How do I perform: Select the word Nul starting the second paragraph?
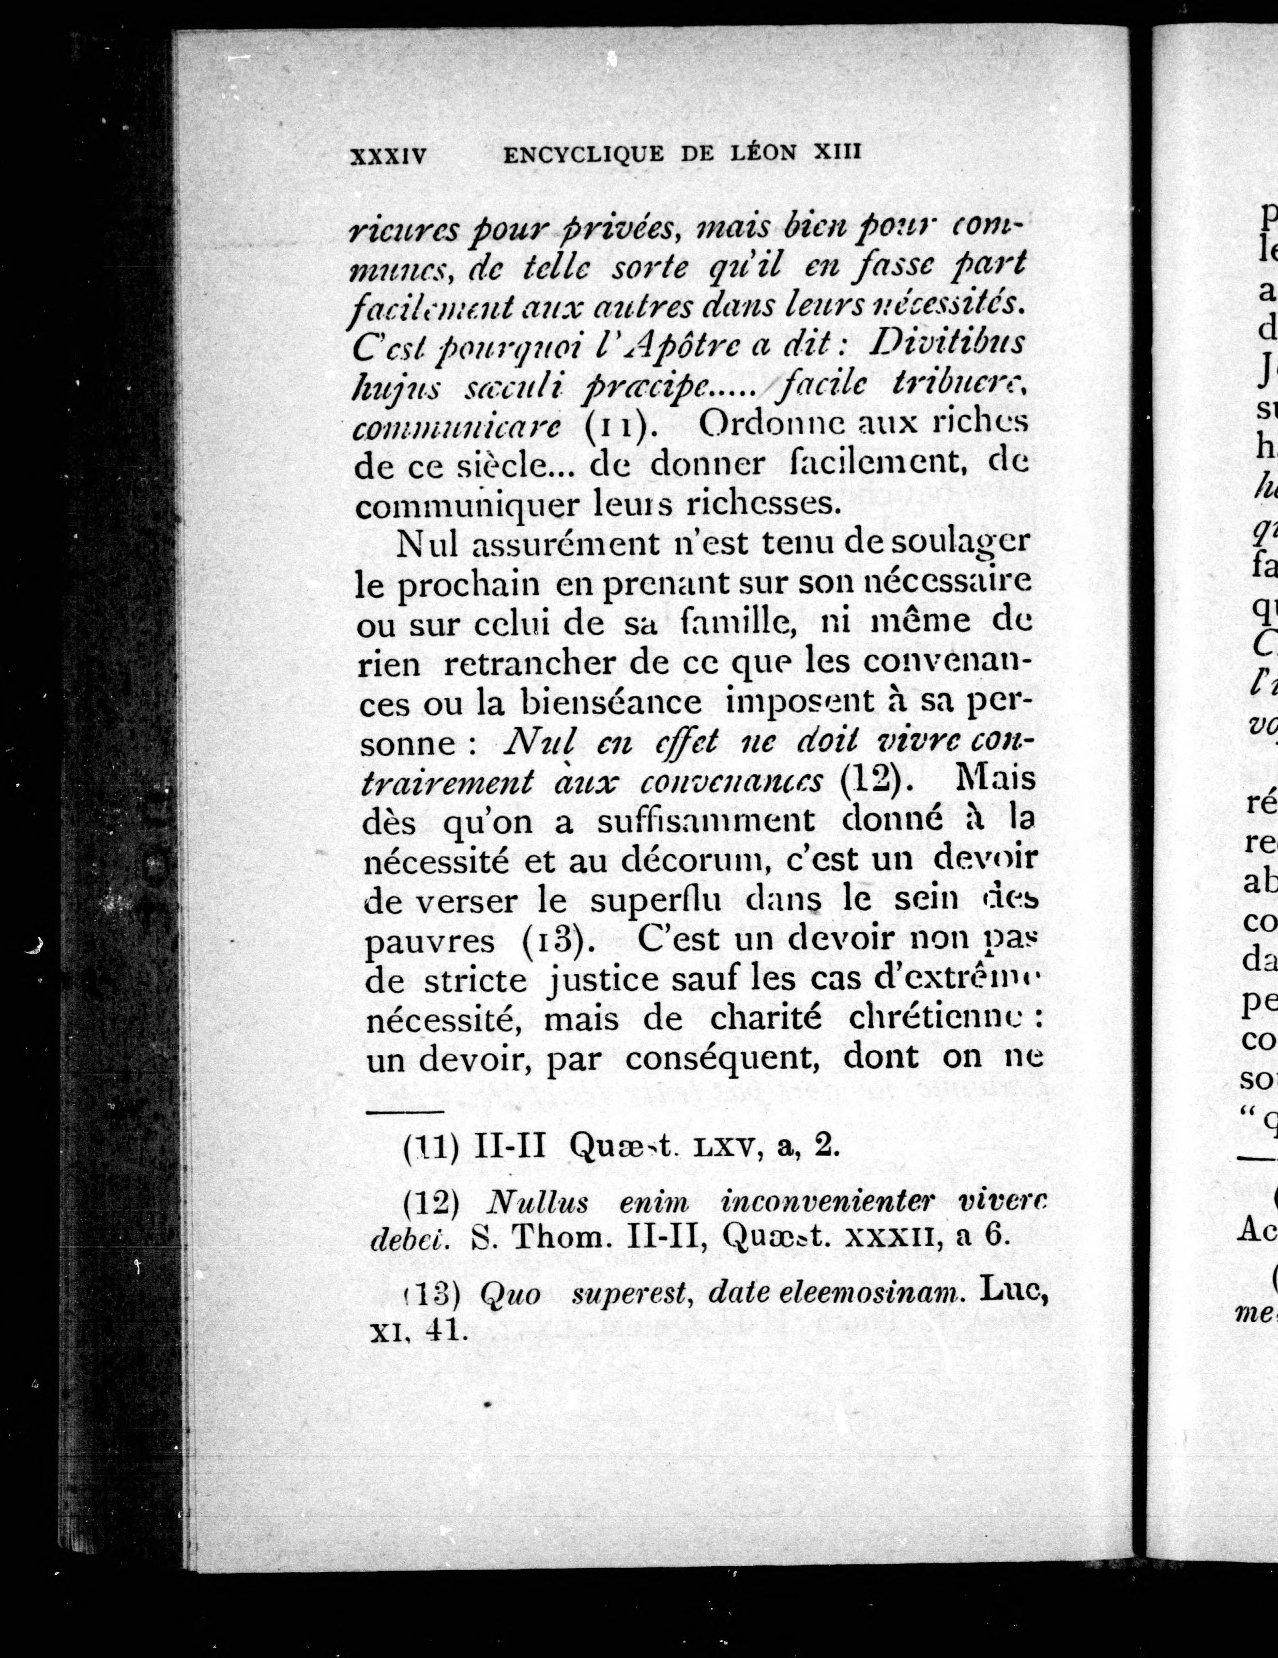(428, 544)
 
